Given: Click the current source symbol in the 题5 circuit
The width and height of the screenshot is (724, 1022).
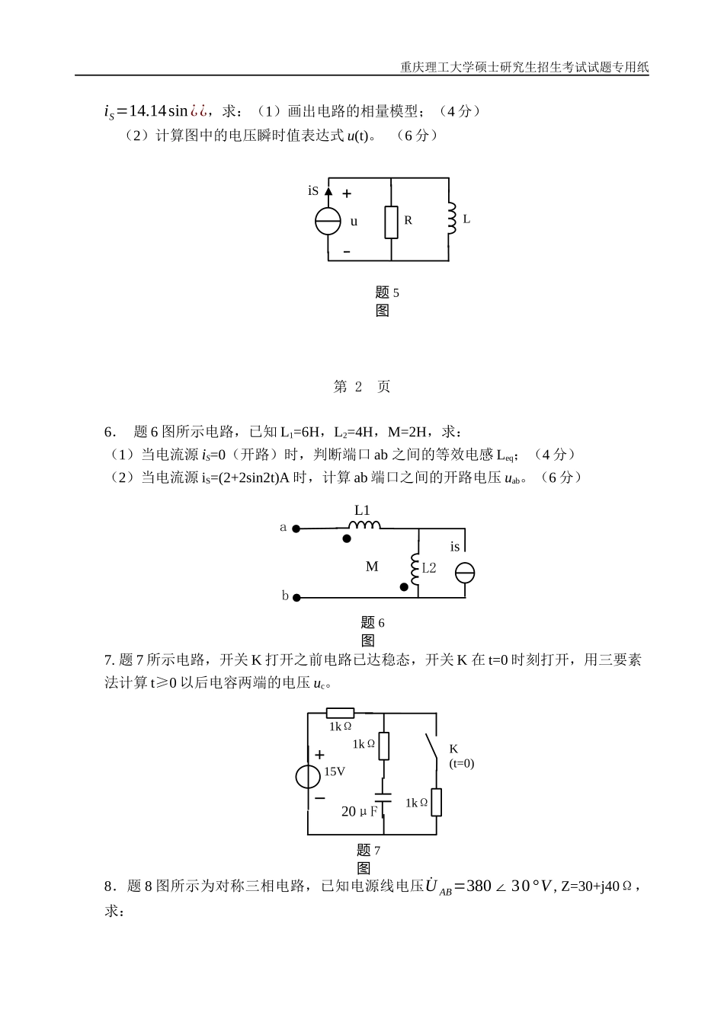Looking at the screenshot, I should coord(328,221).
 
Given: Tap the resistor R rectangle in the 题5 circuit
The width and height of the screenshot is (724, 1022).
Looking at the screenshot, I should coord(391,222).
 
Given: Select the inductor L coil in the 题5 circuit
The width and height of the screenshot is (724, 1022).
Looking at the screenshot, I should coord(450,219).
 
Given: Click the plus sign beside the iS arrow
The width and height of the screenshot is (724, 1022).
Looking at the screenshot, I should coord(347,194).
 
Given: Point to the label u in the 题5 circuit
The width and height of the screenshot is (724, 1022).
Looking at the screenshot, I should coord(354,222).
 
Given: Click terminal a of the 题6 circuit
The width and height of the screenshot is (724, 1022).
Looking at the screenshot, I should coord(296,528).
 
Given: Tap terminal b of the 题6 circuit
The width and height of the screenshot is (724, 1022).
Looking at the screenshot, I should coord(296,598).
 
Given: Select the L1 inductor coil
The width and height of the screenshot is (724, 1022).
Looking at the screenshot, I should coord(364,525).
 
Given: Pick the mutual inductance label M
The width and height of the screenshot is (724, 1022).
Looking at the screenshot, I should coord(372,567).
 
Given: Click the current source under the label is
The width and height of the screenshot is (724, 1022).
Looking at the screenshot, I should coord(465,573).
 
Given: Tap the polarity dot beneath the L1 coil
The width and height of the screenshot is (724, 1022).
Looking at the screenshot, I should coord(347,538).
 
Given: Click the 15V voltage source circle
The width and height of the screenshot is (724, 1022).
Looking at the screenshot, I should coord(308,777).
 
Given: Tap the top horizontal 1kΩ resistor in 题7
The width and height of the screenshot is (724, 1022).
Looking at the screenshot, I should coord(340,714).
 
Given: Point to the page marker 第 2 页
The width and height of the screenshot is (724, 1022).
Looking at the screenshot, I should coord(362,387).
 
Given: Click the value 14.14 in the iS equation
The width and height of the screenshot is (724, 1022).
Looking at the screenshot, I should coord(147,111).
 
